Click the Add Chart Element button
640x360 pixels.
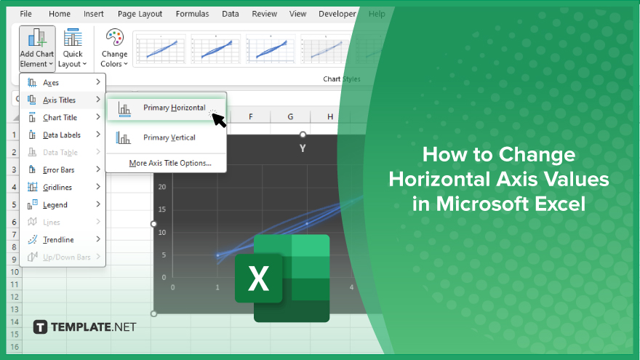(37, 48)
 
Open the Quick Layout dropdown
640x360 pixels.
(73, 48)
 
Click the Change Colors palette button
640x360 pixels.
(114, 48)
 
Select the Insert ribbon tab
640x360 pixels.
(94, 14)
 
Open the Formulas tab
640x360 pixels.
(192, 14)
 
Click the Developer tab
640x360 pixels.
(337, 14)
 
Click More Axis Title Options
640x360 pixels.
(170, 163)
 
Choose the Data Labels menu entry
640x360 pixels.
(63, 135)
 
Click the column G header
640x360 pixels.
(290, 117)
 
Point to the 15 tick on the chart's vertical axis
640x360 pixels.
(162, 209)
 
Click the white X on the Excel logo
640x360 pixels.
(258, 279)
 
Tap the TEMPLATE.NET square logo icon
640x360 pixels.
(40, 327)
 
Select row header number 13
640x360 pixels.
(15, 309)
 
